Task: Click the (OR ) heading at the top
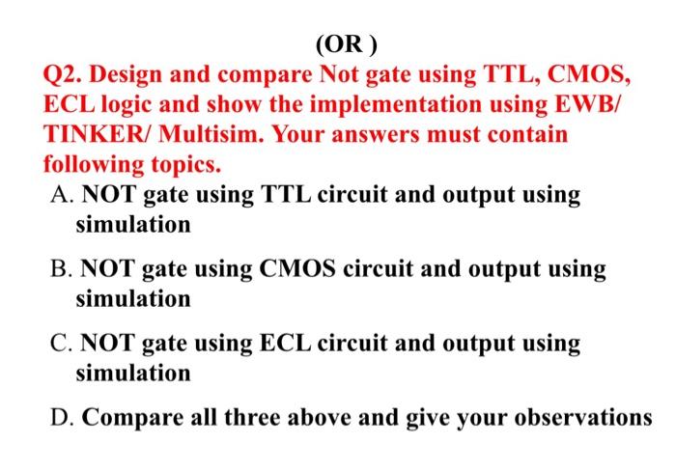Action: (349, 44)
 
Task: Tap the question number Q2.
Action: (65, 74)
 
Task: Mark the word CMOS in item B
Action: (296, 268)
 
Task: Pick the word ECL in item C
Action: (284, 343)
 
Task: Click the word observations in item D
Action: (585, 417)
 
